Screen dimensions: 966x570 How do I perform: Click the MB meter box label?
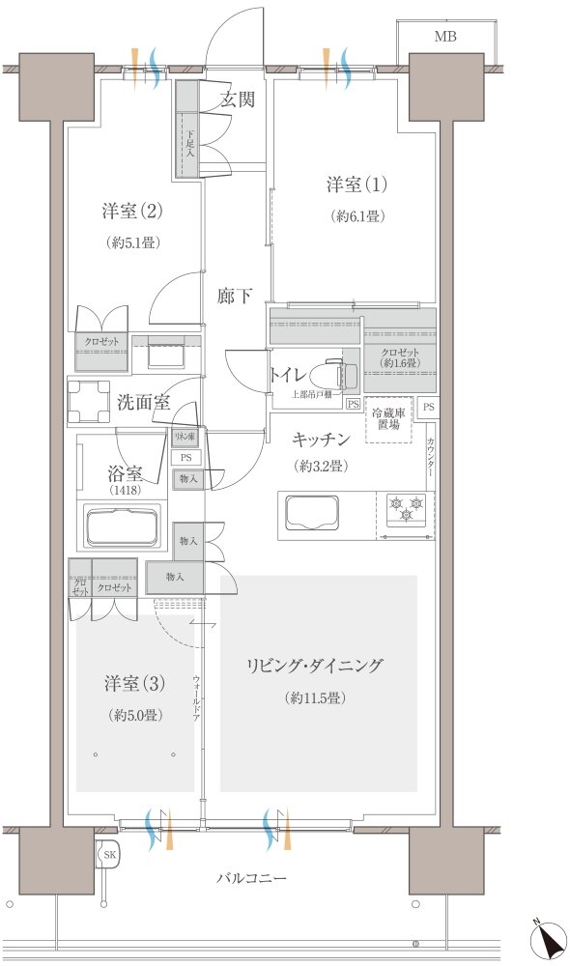[x=444, y=38]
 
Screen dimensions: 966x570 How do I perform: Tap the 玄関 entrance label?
[x=238, y=99]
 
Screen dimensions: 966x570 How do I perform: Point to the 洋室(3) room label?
[x=134, y=684]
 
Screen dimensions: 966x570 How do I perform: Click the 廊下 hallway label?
[x=235, y=297]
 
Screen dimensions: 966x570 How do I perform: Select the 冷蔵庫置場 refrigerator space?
[x=388, y=419]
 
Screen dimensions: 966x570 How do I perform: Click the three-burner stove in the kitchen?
[x=406, y=509]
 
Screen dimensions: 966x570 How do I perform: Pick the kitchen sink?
[x=309, y=509]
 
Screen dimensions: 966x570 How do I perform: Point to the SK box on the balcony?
[x=109, y=855]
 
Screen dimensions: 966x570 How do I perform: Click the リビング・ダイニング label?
[x=315, y=666]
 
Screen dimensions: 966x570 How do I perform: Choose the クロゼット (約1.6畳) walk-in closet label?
[x=399, y=357]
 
